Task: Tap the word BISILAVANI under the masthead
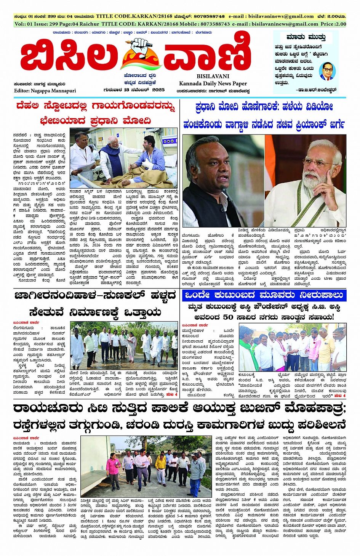click(213, 76)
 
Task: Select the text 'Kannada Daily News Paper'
click(213, 83)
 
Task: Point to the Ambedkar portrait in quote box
click(326, 71)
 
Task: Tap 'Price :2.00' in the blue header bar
click(333, 24)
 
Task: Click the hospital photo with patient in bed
click(124, 158)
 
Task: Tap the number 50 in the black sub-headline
click(228, 317)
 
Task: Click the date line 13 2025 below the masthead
click(133, 90)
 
